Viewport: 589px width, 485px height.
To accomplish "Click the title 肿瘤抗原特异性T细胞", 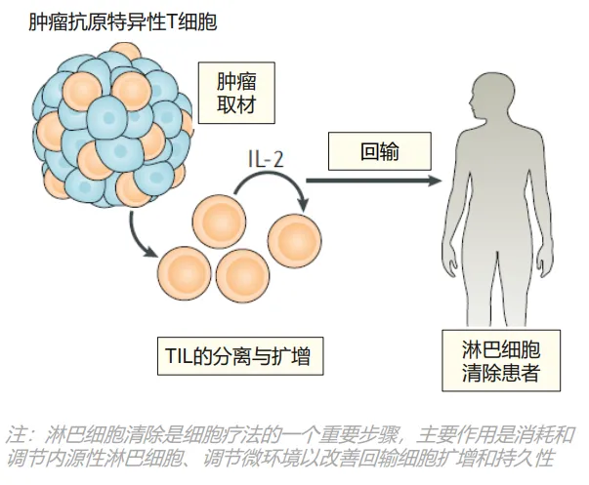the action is click(123, 21).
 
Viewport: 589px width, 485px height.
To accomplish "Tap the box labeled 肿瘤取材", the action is click(236, 93).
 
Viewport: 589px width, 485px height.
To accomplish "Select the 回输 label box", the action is click(380, 151).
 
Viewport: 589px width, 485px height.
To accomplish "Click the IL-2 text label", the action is click(266, 159).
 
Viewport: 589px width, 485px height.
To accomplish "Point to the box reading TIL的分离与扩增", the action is click(240, 356).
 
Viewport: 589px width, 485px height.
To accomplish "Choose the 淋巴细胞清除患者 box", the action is click(501, 361).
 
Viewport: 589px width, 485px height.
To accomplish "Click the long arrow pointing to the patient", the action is click(374, 181).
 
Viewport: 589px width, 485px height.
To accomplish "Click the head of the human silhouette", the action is click(488, 96).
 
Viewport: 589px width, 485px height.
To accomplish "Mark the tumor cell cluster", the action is click(112, 126).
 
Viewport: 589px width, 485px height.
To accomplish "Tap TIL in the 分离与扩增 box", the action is click(178, 356).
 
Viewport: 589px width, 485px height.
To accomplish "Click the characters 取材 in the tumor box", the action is click(236, 104).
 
